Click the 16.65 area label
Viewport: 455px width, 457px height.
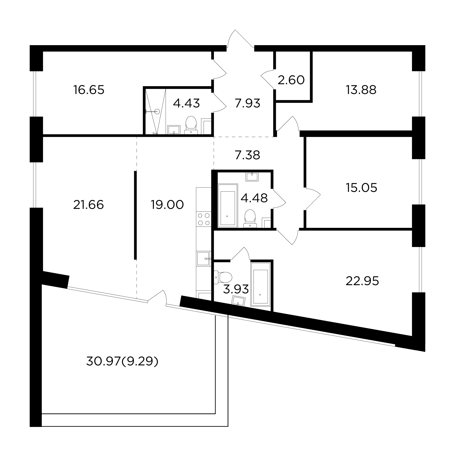coord(89,90)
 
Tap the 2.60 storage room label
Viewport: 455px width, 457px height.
coord(291,80)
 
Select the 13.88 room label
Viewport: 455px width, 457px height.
coord(361,90)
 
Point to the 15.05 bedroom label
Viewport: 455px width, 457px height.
coord(361,188)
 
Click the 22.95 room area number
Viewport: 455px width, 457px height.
coord(362,281)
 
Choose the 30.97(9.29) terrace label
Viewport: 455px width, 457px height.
coord(122,362)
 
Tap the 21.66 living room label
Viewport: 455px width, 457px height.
coord(89,205)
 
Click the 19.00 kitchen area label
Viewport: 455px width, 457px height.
coord(167,205)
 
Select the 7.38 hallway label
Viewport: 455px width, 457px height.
coord(247,155)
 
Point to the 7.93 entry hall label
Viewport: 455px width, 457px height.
coord(247,103)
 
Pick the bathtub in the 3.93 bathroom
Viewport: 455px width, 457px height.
coord(260,285)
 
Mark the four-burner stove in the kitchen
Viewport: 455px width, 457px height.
coord(204,219)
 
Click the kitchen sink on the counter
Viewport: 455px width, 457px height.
coord(204,259)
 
